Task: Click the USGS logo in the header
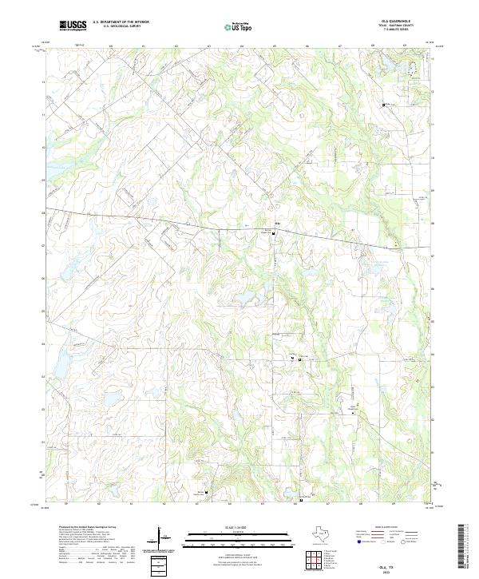73,26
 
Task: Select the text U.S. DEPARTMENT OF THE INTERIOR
121,22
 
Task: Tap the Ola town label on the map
277,223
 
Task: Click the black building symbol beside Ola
275,233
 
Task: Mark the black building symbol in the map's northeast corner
383,105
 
